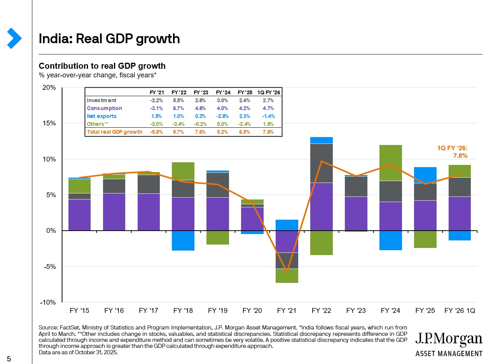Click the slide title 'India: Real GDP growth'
click(x=109, y=39)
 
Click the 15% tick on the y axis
click(x=49, y=123)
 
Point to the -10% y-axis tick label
click(x=48, y=302)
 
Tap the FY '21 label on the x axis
click(x=287, y=311)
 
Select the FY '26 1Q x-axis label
click(x=460, y=311)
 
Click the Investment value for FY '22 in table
click(x=179, y=100)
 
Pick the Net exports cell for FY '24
click(x=222, y=116)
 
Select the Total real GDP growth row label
click(x=114, y=132)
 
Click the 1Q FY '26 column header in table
click(x=269, y=92)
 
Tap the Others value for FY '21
click(x=156, y=124)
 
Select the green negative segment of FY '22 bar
click(x=322, y=243)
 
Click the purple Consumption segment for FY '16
click(x=114, y=211)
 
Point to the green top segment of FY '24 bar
click(x=391, y=163)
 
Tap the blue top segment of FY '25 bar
click(x=425, y=175)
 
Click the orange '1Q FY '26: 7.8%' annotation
click(x=452, y=152)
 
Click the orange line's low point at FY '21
click(x=287, y=271)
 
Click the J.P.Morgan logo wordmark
click(x=449, y=339)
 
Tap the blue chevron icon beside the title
click(x=14, y=38)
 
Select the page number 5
click(x=9, y=359)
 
